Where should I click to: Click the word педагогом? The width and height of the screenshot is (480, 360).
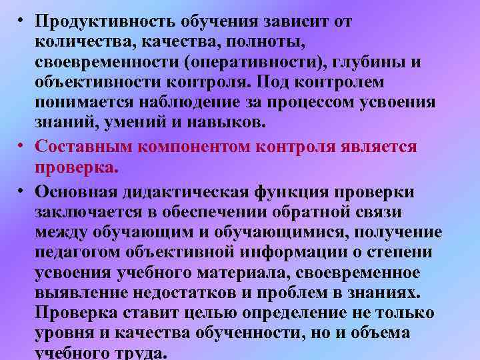[x=77, y=253]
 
